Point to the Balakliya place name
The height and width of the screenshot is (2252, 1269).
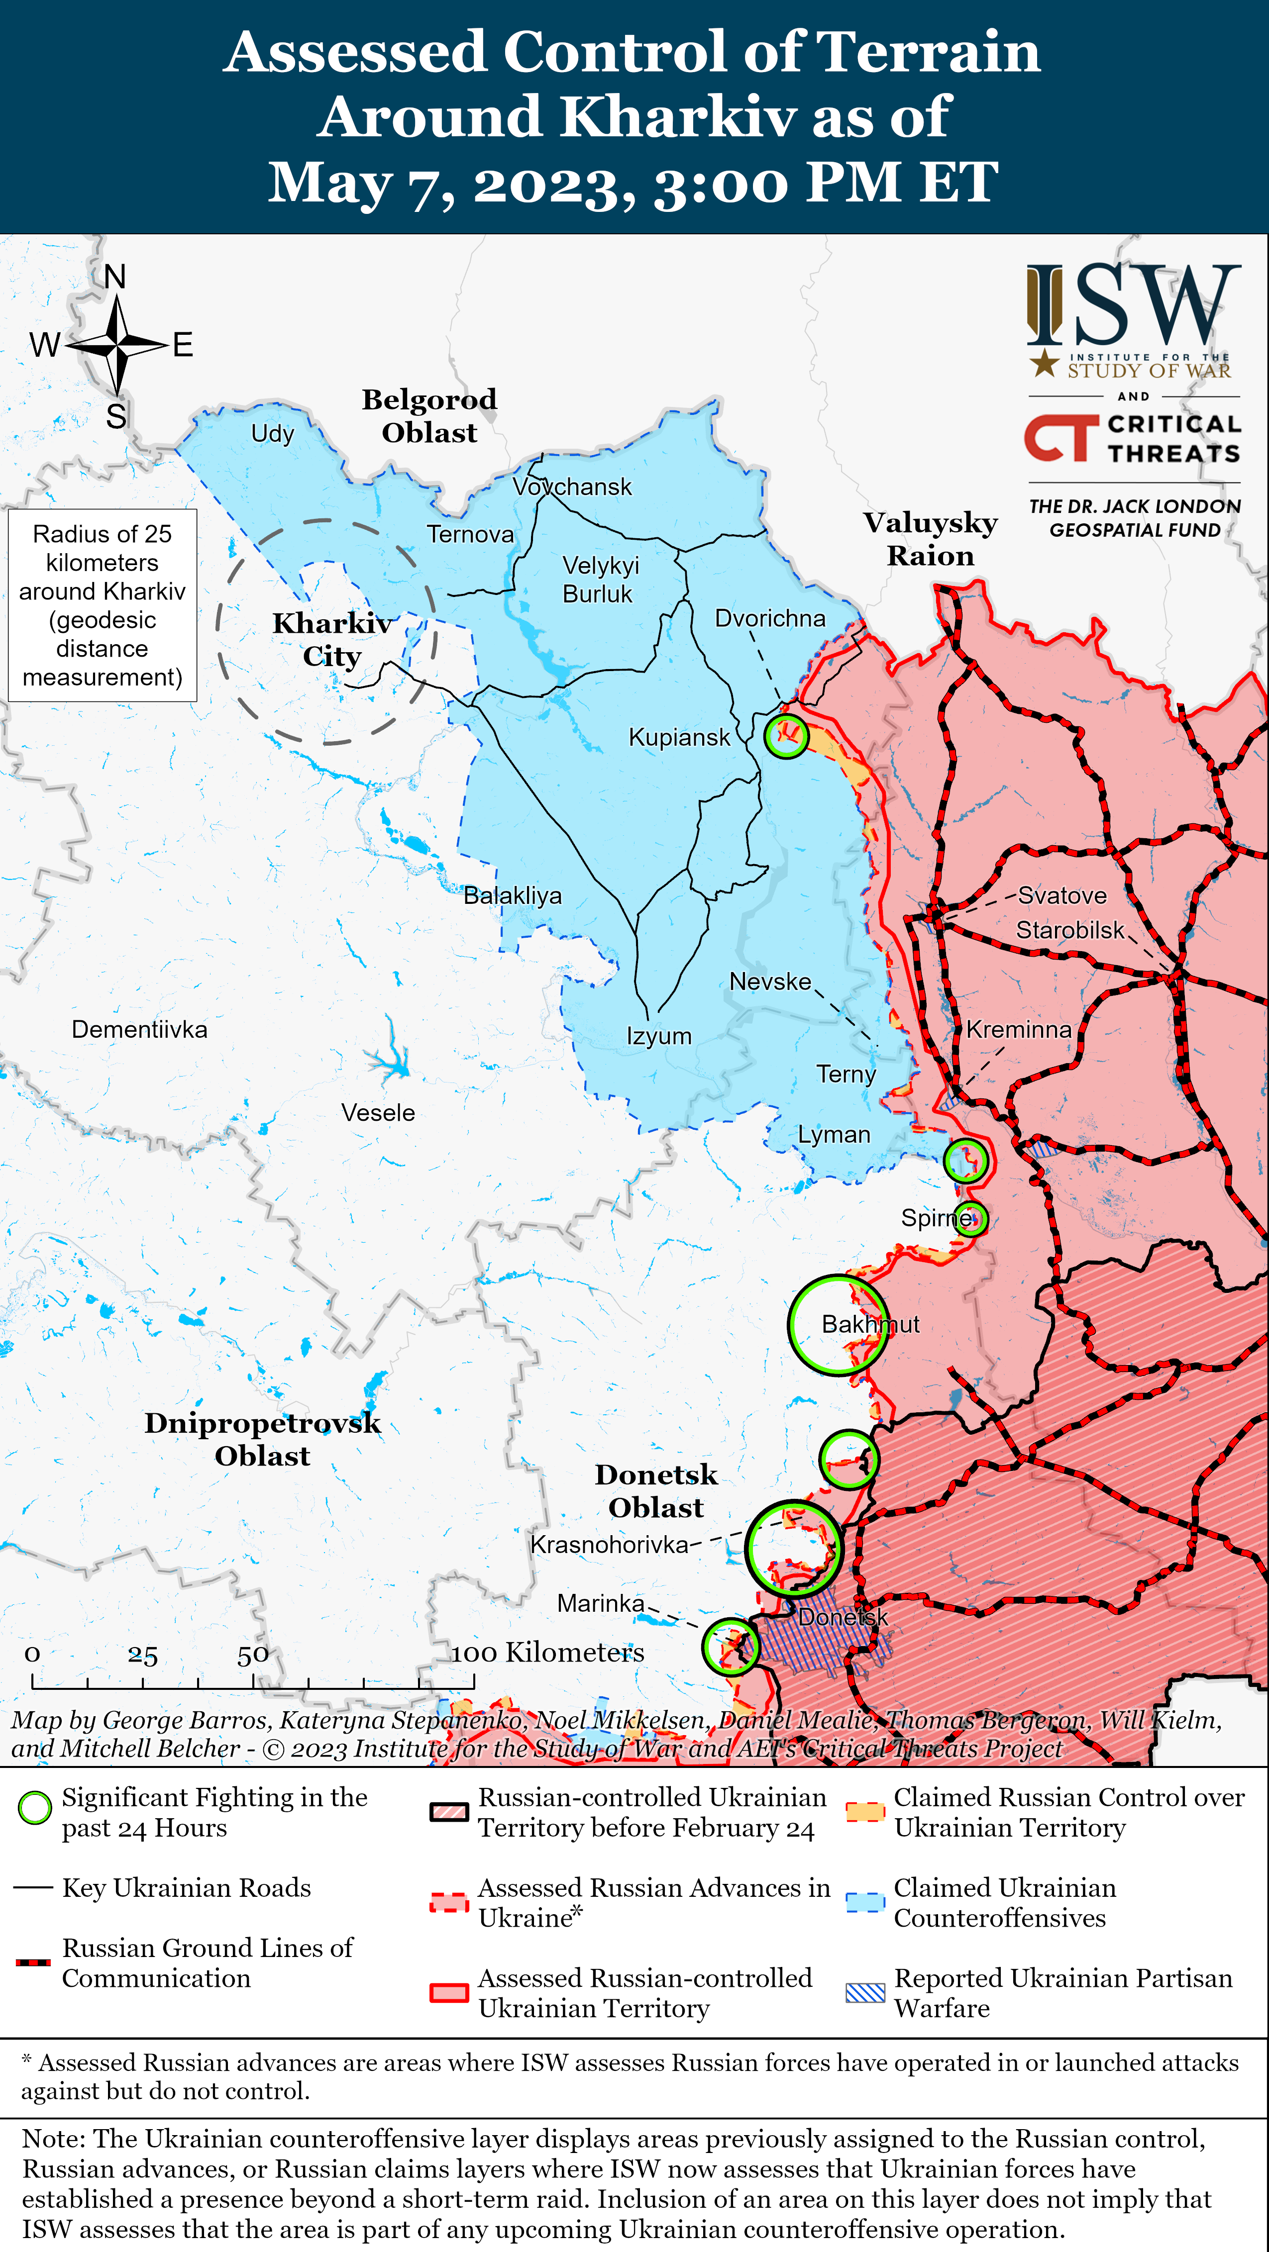pos(513,895)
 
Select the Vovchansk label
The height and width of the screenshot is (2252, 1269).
pos(572,487)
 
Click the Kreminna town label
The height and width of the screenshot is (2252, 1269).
pos(1018,1030)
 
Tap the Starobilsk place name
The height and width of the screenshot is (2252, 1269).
pos(1069,930)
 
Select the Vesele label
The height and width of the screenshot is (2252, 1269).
pos(378,1113)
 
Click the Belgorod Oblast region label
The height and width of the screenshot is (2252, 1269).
pos(429,416)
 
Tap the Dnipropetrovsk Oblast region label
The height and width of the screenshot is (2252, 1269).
pos(262,1439)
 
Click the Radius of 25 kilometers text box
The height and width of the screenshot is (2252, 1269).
pos(103,605)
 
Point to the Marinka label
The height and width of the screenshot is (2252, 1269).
pos(601,1603)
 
